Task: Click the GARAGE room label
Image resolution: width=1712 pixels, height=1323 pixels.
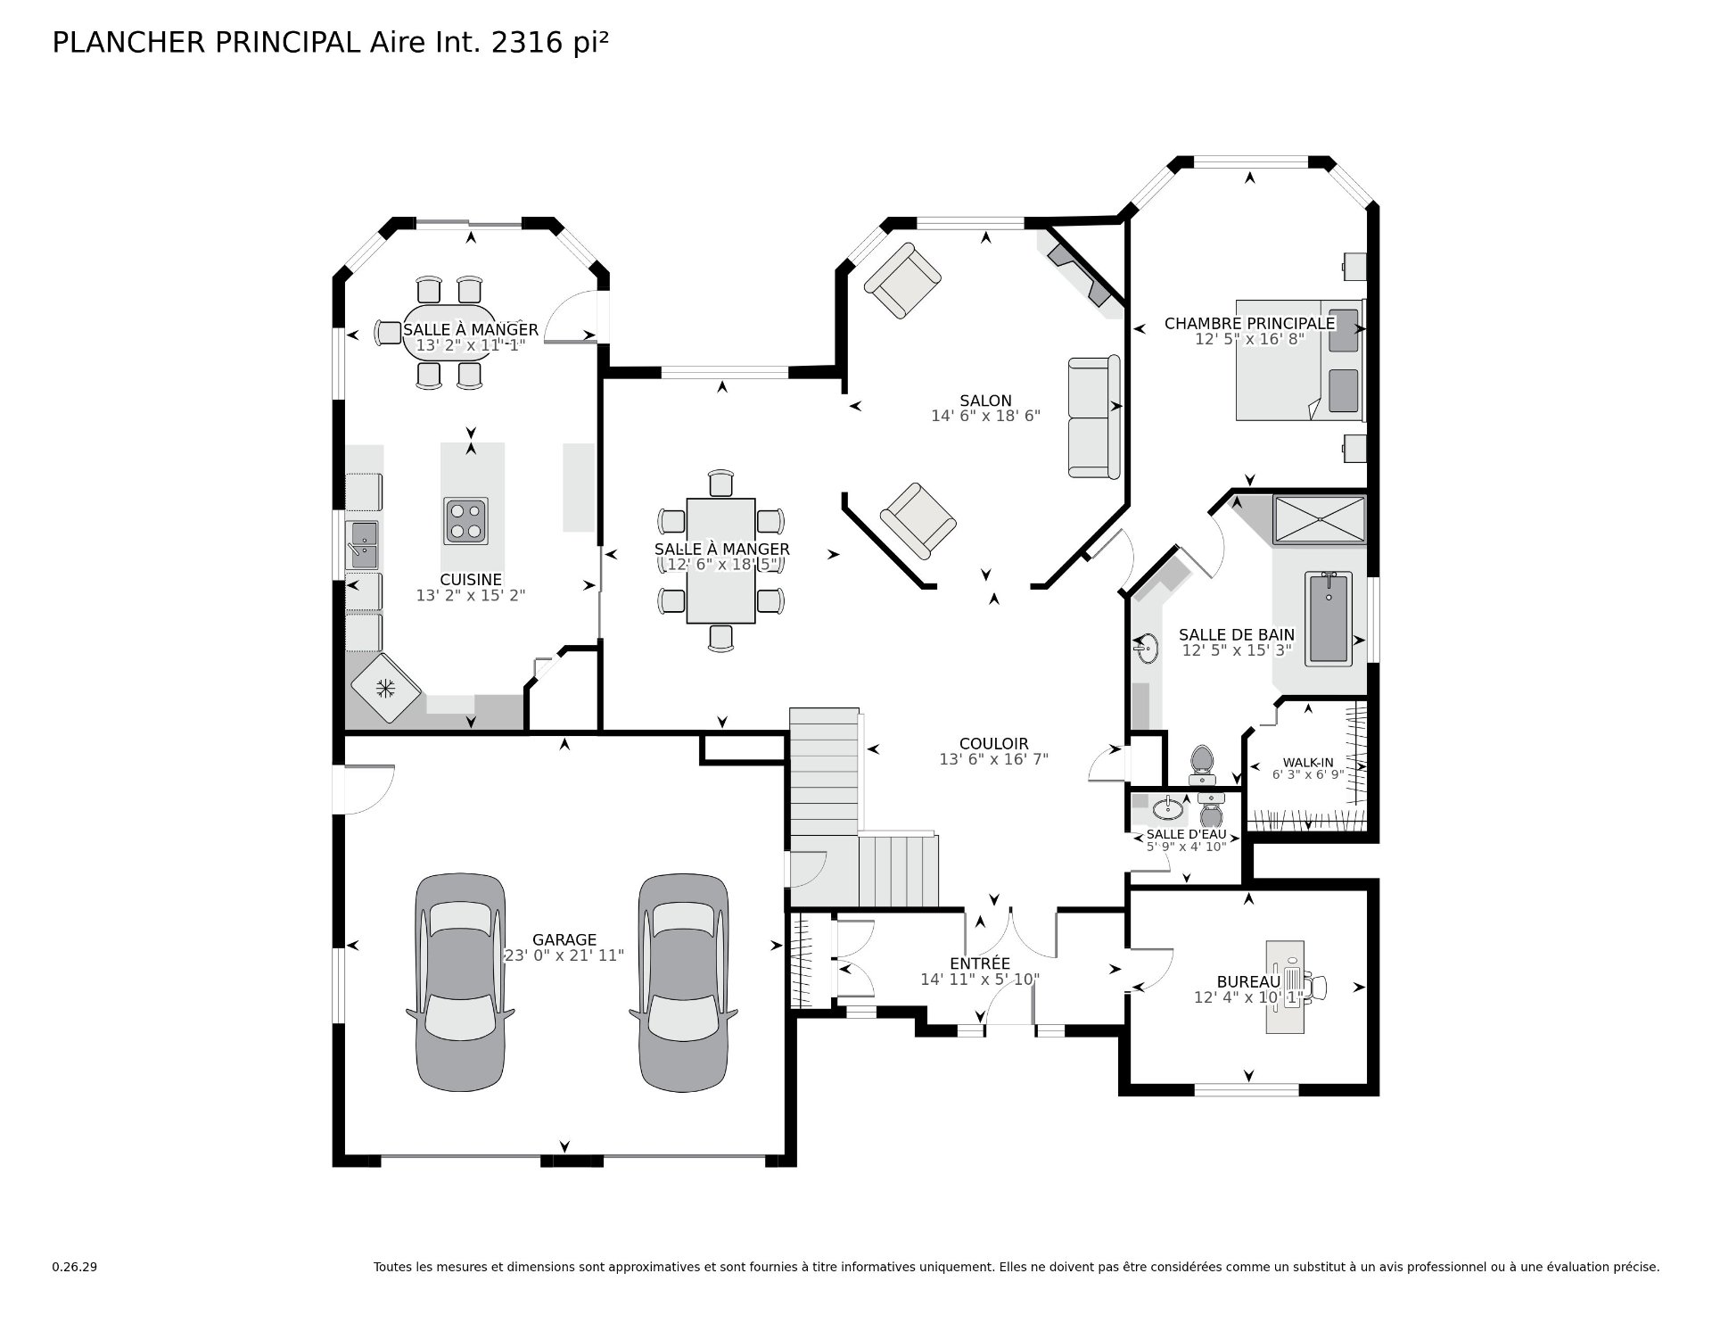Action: pyautogui.click(x=564, y=939)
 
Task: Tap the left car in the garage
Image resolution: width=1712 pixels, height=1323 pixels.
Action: pyautogui.click(x=460, y=982)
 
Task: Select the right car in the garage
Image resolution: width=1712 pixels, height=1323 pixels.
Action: pyautogui.click(x=683, y=982)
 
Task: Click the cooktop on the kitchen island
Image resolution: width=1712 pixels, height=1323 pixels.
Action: pyautogui.click(x=466, y=521)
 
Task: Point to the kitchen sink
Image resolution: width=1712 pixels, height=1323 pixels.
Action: pyautogui.click(x=363, y=545)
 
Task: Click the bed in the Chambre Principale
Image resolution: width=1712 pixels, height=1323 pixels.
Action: pyautogui.click(x=1300, y=360)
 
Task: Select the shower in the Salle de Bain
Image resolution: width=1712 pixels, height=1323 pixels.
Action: pyautogui.click(x=1320, y=518)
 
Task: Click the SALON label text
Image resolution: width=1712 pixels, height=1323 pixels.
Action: pyautogui.click(x=985, y=401)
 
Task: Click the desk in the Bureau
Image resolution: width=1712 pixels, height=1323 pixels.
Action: pyautogui.click(x=1285, y=987)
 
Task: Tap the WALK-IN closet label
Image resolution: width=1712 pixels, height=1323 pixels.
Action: pyautogui.click(x=1308, y=763)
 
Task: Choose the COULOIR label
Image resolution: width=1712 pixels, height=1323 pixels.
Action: pyautogui.click(x=994, y=744)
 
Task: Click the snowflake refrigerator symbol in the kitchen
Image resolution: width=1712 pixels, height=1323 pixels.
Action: pyautogui.click(x=385, y=689)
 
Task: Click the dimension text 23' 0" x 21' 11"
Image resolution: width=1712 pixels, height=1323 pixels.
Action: pyautogui.click(x=564, y=955)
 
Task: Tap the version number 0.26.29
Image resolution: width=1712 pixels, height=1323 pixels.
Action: pyautogui.click(x=74, y=1267)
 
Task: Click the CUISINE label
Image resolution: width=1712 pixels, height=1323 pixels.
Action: pyautogui.click(x=471, y=580)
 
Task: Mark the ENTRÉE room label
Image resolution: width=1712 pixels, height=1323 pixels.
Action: pyautogui.click(x=980, y=963)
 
